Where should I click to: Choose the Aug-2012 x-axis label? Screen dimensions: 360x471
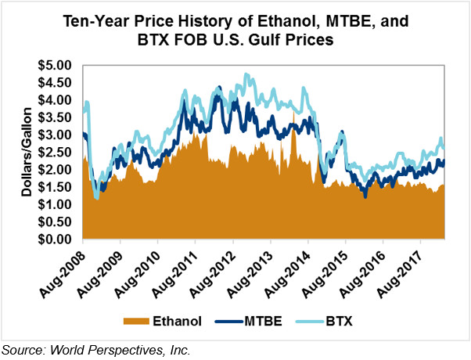[x=215, y=270]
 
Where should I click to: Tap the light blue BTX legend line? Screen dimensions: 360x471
[x=309, y=321]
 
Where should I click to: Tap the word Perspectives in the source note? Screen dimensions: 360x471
[x=128, y=351]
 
